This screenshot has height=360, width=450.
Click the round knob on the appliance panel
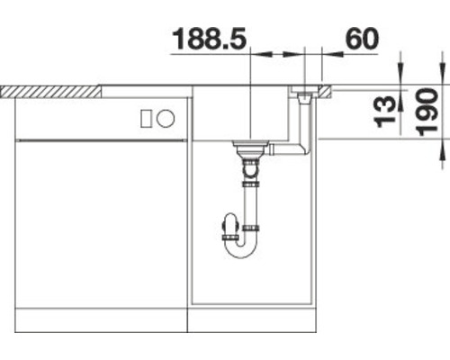click(x=166, y=118)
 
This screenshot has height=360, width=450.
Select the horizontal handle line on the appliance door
click(x=99, y=139)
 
